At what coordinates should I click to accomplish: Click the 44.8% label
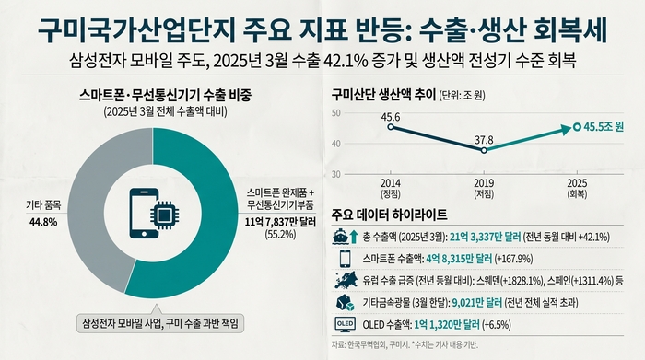45,222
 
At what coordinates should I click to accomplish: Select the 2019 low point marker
484,149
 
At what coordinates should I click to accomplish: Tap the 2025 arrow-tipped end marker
576,127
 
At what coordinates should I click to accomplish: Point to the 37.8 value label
484,139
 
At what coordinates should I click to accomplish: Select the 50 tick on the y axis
335,113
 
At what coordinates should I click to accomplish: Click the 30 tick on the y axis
335,173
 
